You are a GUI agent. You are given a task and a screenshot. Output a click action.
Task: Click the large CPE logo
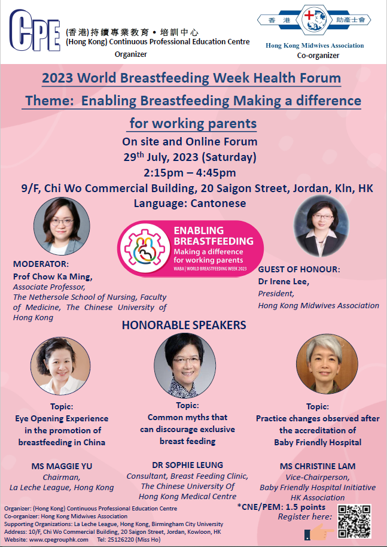pos(35,31)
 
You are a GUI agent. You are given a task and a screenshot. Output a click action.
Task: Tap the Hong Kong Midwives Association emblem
pos(314,20)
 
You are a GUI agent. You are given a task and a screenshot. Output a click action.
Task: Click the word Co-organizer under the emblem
pos(318,56)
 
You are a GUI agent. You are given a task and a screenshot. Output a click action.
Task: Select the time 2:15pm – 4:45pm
pos(190,173)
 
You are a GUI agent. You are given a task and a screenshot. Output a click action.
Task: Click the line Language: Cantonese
pos(190,203)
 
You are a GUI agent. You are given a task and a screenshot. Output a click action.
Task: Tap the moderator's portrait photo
pos(62,226)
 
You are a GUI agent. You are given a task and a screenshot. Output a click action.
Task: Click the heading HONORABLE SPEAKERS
pos(184,325)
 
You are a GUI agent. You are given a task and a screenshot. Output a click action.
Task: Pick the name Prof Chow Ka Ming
pos(53,277)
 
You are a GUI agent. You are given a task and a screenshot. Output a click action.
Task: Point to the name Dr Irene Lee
pos(284,281)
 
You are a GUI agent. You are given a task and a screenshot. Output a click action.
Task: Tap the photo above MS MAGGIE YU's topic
pos(60,366)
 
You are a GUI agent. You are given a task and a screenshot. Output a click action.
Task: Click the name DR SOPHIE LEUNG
pos(188,465)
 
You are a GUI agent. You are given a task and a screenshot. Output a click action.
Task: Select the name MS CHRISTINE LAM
pos(318,466)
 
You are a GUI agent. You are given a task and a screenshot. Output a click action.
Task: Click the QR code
pos(354,521)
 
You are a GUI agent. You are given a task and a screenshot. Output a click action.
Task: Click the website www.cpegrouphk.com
pos(59,540)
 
